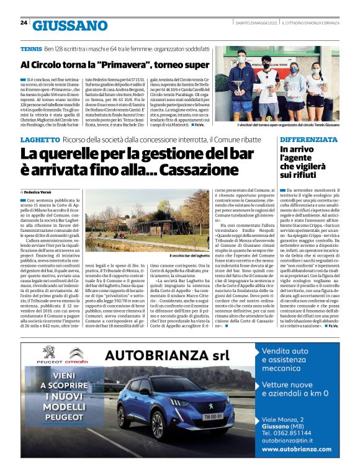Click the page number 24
tap(24, 22)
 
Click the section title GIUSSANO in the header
tap(70, 25)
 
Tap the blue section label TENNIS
tap(31, 48)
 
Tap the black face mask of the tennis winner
tap(267, 63)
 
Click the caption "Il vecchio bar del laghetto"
tap(191, 255)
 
